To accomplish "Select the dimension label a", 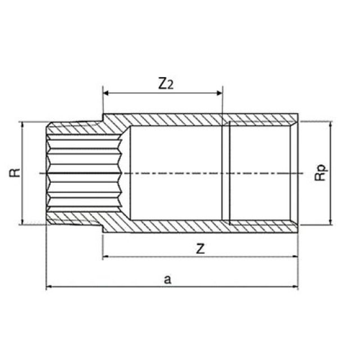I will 166,278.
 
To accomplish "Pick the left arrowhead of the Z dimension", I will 105,258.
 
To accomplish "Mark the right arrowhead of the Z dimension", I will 295,258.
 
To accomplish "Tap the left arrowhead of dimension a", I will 49,287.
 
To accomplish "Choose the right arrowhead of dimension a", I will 295,287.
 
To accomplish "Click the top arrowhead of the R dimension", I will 22,124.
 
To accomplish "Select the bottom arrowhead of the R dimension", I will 22,221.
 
